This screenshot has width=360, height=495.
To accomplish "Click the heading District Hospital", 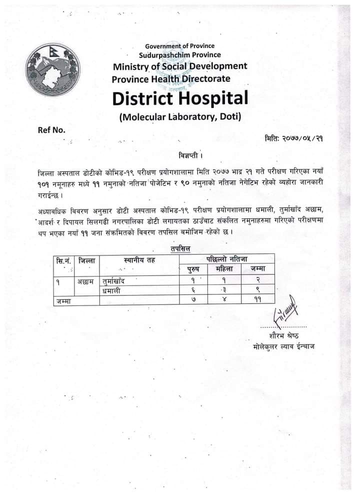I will [180, 98].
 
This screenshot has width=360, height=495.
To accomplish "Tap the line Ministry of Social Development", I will [180, 66].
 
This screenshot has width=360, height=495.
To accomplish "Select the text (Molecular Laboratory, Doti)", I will [180, 117].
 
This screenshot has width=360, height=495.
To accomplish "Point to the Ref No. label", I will [51, 130].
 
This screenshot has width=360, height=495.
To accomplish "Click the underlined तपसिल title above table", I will [180, 248].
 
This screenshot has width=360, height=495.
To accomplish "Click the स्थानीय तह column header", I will [140, 260].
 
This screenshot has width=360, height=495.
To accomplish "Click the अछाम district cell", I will [85, 280].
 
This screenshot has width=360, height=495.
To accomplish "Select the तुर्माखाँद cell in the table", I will [113, 280].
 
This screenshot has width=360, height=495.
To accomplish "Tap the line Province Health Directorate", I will [171, 78].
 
